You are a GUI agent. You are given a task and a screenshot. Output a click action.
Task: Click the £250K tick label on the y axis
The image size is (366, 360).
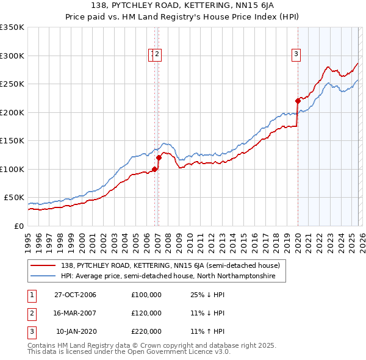(x=12, y=84)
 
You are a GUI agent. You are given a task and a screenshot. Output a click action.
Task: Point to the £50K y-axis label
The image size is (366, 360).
(x=13, y=198)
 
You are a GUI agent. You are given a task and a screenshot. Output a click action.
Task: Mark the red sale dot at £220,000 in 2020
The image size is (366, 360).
(x=298, y=101)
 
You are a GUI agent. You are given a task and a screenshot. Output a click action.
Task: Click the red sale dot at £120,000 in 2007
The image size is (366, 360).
(x=159, y=157)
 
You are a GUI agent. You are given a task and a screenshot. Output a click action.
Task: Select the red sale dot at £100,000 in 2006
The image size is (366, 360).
(x=155, y=169)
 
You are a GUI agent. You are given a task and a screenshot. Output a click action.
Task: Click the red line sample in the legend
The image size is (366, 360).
(x=43, y=265)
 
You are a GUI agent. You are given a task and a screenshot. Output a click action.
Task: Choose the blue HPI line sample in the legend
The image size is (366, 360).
(x=43, y=276)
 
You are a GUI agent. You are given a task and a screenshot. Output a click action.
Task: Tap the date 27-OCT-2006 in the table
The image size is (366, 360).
(x=75, y=295)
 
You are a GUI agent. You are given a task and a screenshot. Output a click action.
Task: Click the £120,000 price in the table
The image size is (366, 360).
(x=146, y=313)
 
